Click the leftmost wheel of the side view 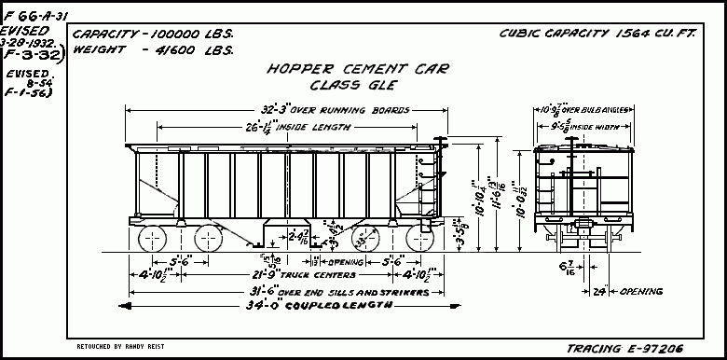click(x=151, y=239)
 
